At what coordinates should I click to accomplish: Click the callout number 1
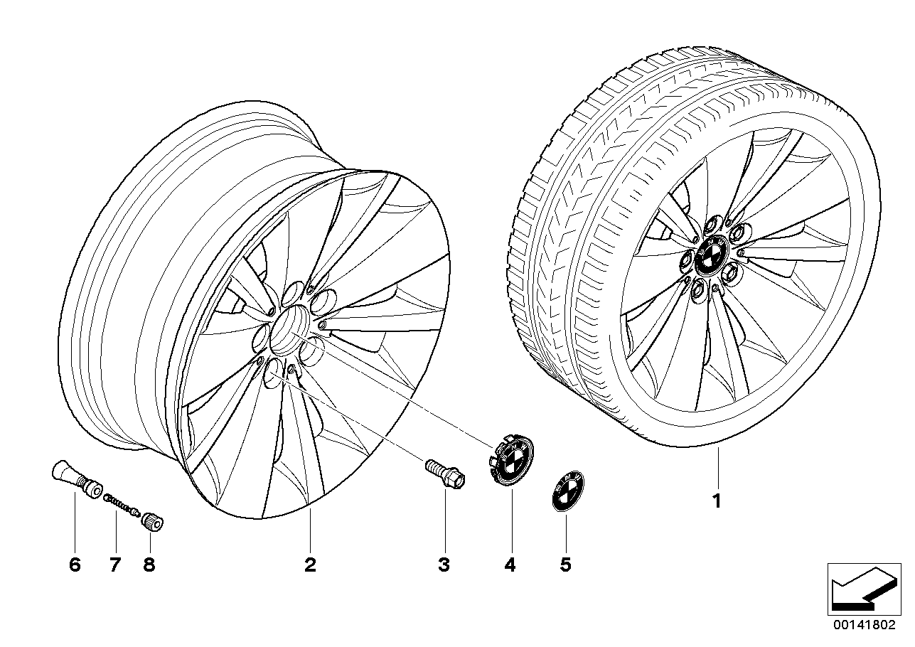(717, 501)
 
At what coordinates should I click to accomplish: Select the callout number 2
(310, 565)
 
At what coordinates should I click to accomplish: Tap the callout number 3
(444, 565)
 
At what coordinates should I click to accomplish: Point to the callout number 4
(510, 565)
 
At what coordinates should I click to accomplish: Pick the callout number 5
(566, 565)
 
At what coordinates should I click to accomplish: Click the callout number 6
(75, 565)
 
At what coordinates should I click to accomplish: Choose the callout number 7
(114, 565)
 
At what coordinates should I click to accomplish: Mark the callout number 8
(149, 565)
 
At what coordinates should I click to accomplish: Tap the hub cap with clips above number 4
(511, 459)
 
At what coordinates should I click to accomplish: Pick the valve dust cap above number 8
(152, 523)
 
